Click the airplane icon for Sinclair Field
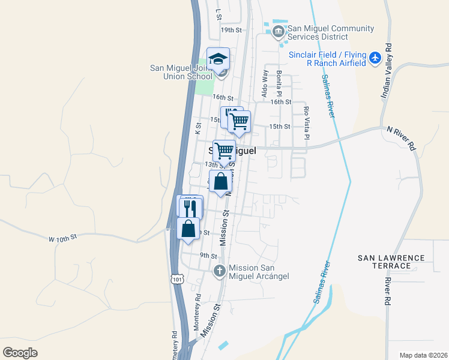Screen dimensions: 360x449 (x=376, y=58)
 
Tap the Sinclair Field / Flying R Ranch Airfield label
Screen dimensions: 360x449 (x=327, y=58)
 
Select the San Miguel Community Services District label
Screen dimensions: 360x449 (x=331, y=32)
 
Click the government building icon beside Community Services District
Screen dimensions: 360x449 (x=278, y=31)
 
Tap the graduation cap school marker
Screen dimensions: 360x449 (x=218, y=59)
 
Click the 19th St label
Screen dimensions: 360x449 (x=231, y=29)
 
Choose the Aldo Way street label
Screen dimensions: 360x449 (x=264, y=83)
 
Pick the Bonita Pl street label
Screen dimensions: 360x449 (x=279, y=82)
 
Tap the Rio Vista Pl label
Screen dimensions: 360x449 (x=306, y=123)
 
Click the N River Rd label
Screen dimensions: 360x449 (x=400, y=137)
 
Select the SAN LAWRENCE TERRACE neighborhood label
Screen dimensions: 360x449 (x=391, y=262)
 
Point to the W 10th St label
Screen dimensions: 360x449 (x=63, y=238)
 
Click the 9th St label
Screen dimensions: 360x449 (x=208, y=256)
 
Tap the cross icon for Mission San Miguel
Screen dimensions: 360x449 (x=220, y=271)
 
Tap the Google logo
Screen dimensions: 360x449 (x=20, y=353)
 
